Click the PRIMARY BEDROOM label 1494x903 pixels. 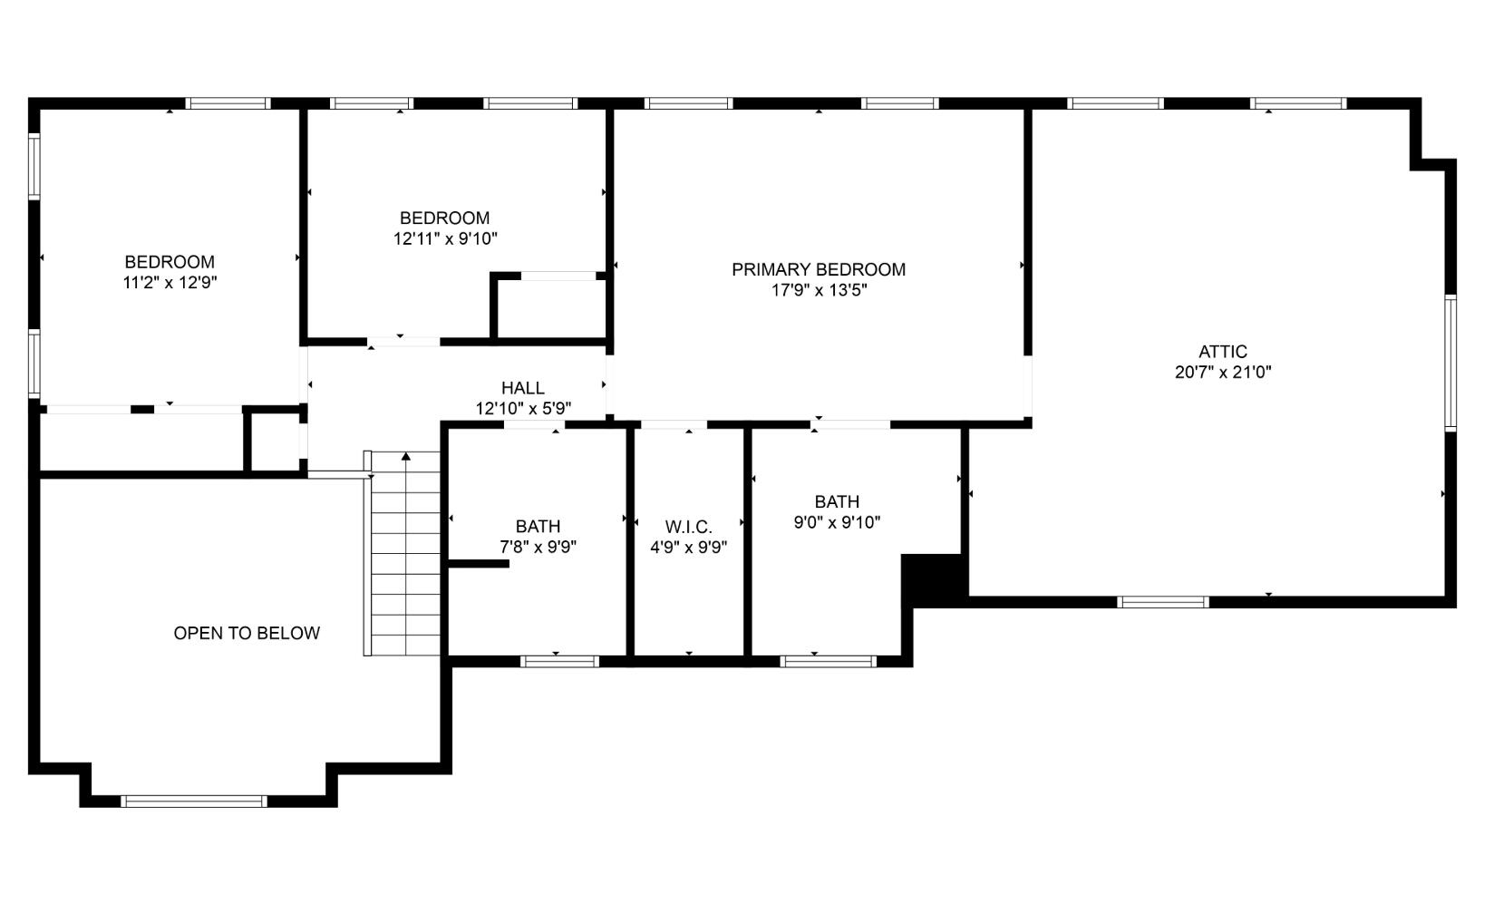click(x=818, y=269)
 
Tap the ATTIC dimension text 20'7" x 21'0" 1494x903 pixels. click(x=1223, y=373)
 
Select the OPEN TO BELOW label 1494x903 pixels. click(x=247, y=634)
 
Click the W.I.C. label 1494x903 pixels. click(x=688, y=527)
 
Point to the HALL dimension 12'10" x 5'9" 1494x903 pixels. click(x=523, y=409)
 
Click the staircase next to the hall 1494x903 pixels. click(x=405, y=562)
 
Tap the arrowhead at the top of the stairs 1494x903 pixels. click(x=406, y=457)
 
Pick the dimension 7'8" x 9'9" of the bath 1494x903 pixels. click(x=538, y=548)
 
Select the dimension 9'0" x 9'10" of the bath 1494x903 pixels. click(x=837, y=523)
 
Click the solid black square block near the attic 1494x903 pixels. click(x=933, y=578)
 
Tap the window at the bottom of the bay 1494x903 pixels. click(x=193, y=801)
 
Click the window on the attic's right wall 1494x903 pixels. click(x=1450, y=363)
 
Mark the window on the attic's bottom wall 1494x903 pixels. click(x=1163, y=602)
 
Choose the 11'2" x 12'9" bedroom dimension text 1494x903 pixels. click(x=170, y=283)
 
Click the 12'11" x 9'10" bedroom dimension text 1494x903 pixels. click(x=444, y=239)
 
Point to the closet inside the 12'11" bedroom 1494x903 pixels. click(x=551, y=309)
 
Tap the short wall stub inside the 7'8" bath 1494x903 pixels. click(x=479, y=564)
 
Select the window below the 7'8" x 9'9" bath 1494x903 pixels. click(x=559, y=662)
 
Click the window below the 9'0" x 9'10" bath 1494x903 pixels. click(x=828, y=662)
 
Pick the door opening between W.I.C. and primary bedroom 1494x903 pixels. click(x=674, y=424)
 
